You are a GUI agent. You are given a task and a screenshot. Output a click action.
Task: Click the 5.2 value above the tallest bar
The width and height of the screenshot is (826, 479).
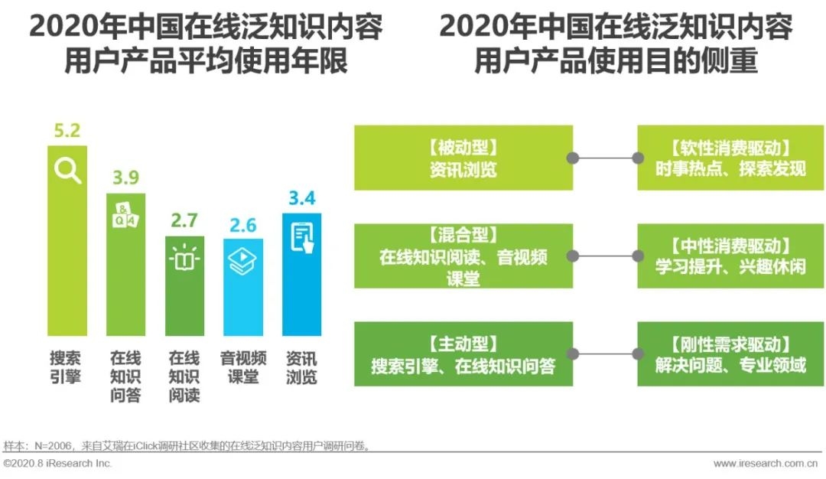pyautogui.click(x=67, y=130)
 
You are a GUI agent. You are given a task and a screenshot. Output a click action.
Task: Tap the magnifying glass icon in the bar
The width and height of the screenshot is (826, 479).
pyautogui.click(x=67, y=170)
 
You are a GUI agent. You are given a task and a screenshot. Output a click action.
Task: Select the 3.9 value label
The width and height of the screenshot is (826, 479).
pyautogui.click(x=125, y=179)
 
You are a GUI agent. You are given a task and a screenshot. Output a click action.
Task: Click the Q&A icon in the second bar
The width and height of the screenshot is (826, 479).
pyautogui.click(x=125, y=216)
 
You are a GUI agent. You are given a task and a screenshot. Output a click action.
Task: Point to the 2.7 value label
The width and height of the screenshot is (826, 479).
pyautogui.click(x=184, y=221)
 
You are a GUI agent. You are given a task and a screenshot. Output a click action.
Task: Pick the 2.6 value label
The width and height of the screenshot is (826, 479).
pyautogui.click(x=242, y=226)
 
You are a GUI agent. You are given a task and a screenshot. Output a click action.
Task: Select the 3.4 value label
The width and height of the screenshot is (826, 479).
pyautogui.click(x=301, y=199)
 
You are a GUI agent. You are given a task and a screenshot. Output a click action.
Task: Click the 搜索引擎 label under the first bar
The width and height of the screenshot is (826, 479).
pyautogui.click(x=66, y=367)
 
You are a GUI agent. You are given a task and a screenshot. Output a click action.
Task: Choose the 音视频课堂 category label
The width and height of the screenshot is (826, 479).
pyautogui.click(x=243, y=367)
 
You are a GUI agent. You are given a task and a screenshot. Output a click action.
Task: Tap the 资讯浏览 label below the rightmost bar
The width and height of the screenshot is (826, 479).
pyautogui.click(x=301, y=367)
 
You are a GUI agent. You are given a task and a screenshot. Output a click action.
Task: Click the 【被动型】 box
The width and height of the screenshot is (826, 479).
pyautogui.click(x=463, y=158)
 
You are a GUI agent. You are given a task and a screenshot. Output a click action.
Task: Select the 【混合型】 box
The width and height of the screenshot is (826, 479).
pyautogui.click(x=463, y=256)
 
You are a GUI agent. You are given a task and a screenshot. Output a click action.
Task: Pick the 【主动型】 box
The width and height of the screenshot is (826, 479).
pyautogui.click(x=463, y=354)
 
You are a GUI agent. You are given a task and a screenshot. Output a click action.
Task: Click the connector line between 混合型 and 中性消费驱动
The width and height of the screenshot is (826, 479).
pyautogui.click(x=605, y=256)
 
